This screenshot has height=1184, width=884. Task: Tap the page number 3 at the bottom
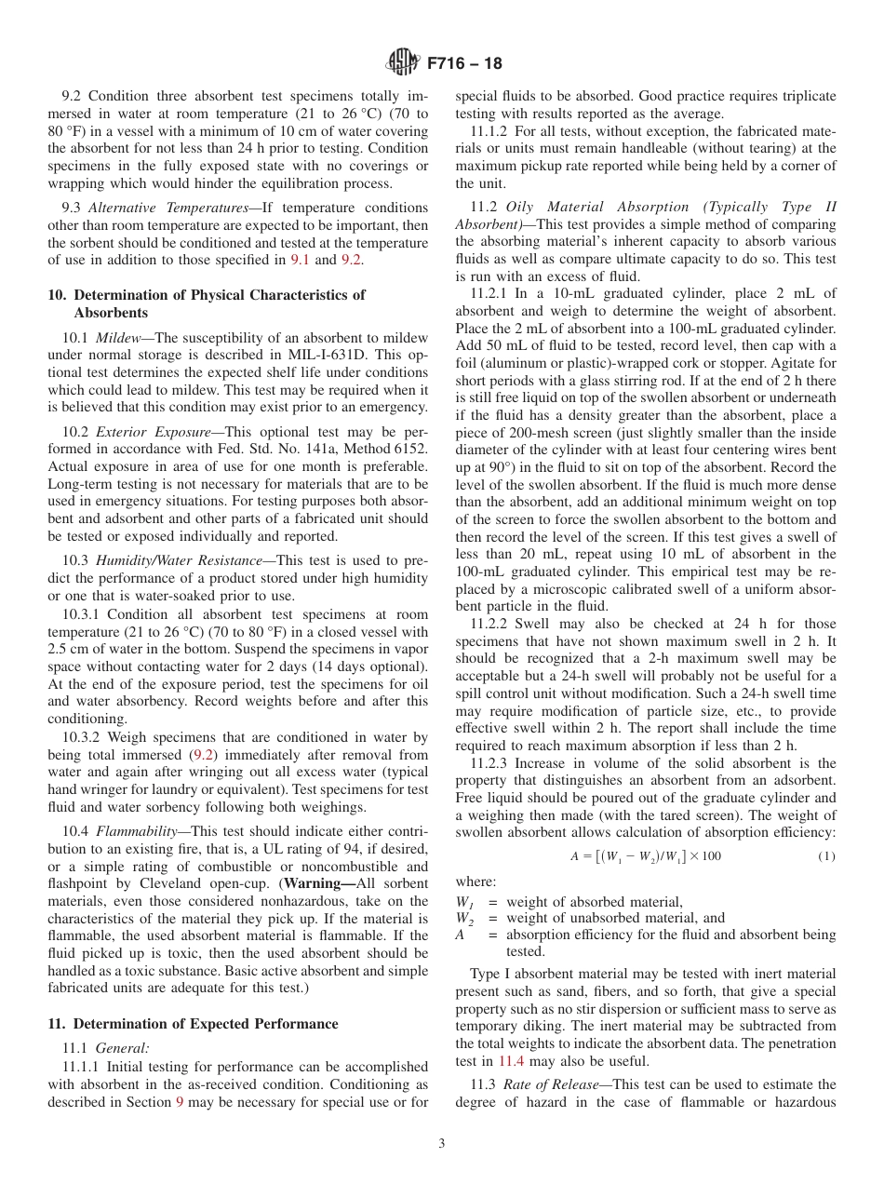click(442, 1144)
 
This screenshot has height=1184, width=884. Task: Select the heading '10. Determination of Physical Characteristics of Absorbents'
click(206, 303)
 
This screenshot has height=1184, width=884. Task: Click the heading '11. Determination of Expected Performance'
click(193, 1024)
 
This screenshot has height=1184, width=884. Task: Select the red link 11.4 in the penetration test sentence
click(511, 1060)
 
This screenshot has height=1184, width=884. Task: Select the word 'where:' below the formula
click(475, 881)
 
